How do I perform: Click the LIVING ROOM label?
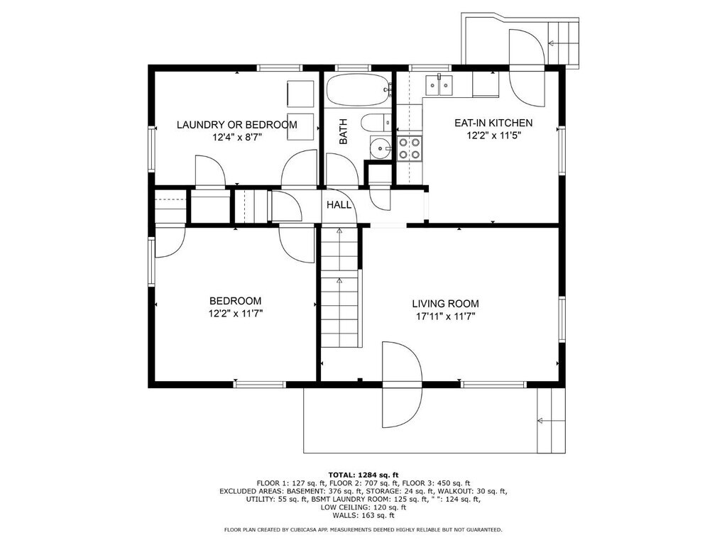click(x=445, y=304)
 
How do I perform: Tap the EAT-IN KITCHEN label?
click(x=493, y=123)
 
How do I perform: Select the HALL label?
click(x=339, y=204)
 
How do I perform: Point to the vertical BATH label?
click(x=343, y=131)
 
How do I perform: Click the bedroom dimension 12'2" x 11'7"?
click(x=236, y=314)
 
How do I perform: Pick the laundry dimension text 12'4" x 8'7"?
click(x=237, y=137)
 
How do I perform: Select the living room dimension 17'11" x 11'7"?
click(x=446, y=317)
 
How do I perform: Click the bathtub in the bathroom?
click(x=358, y=90)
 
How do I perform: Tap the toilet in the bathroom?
click(x=376, y=122)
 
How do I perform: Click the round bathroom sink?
click(x=381, y=148)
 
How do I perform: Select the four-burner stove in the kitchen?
click(x=410, y=148)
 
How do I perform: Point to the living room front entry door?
click(x=402, y=385)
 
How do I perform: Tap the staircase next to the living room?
click(x=340, y=287)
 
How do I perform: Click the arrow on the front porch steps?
click(x=551, y=421)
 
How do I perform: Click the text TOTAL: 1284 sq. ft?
click(x=363, y=475)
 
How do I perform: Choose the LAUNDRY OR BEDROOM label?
click(x=237, y=125)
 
